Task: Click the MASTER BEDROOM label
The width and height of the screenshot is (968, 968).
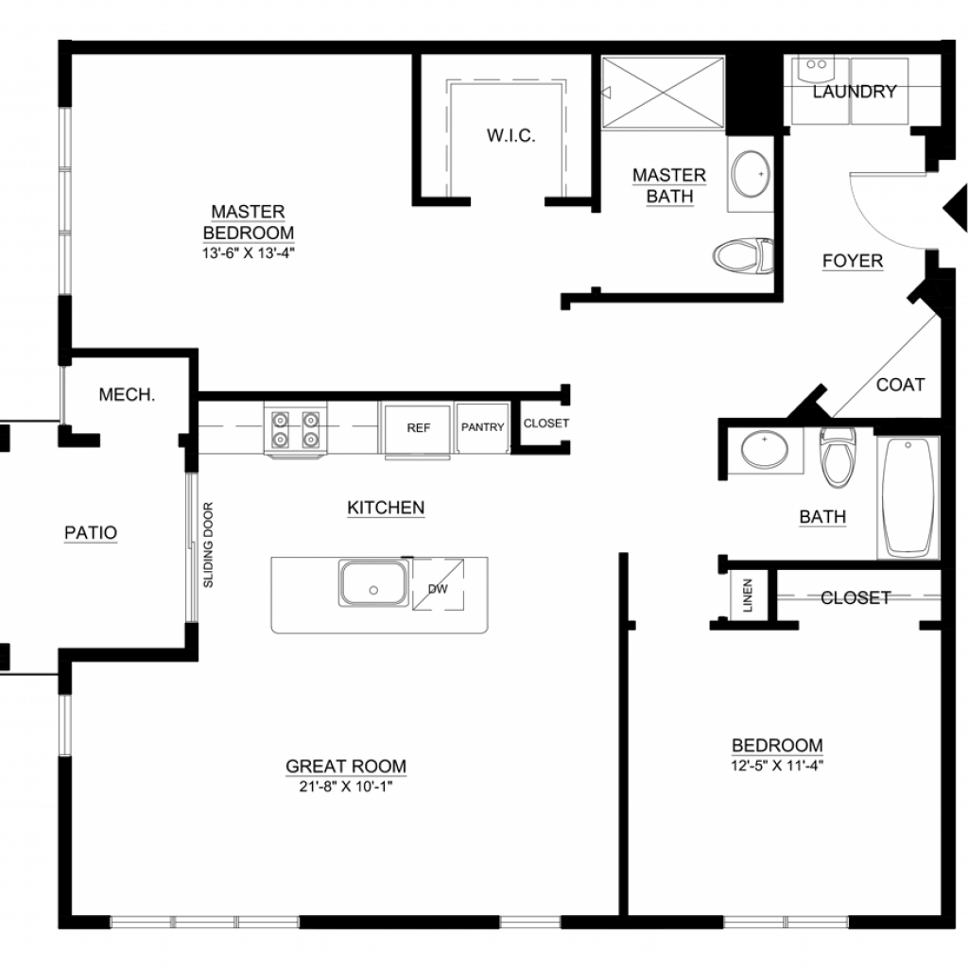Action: [x=249, y=222]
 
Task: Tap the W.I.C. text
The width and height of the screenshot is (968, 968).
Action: [x=510, y=135]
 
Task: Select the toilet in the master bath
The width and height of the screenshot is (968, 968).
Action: [x=743, y=255]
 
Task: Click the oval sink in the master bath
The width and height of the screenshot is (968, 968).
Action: [x=751, y=174]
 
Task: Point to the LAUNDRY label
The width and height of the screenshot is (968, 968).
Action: [x=855, y=92]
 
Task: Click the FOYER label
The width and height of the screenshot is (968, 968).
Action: [x=853, y=261]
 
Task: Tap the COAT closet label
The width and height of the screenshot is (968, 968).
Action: [x=900, y=385]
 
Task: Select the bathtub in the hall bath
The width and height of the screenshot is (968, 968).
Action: [x=908, y=497]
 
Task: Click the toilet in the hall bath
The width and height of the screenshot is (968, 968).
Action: [x=838, y=458]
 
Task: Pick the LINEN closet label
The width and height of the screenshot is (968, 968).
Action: [x=748, y=596]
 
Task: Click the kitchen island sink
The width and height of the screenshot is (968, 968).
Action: [x=373, y=582]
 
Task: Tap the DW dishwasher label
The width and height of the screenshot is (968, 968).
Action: [x=438, y=589]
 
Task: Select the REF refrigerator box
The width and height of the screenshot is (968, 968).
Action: [x=418, y=428]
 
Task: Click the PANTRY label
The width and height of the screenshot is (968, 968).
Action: [x=483, y=427]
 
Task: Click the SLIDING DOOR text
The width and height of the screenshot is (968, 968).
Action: [x=208, y=544]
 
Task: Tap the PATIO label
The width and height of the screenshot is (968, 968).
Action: [x=91, y=533]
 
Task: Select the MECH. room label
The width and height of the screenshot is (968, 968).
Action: [x=127, y=394]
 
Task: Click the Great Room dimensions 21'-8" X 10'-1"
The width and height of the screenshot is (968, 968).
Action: [x=346, y=786]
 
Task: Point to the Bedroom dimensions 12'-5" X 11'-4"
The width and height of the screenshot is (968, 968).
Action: [x=777, y=766]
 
